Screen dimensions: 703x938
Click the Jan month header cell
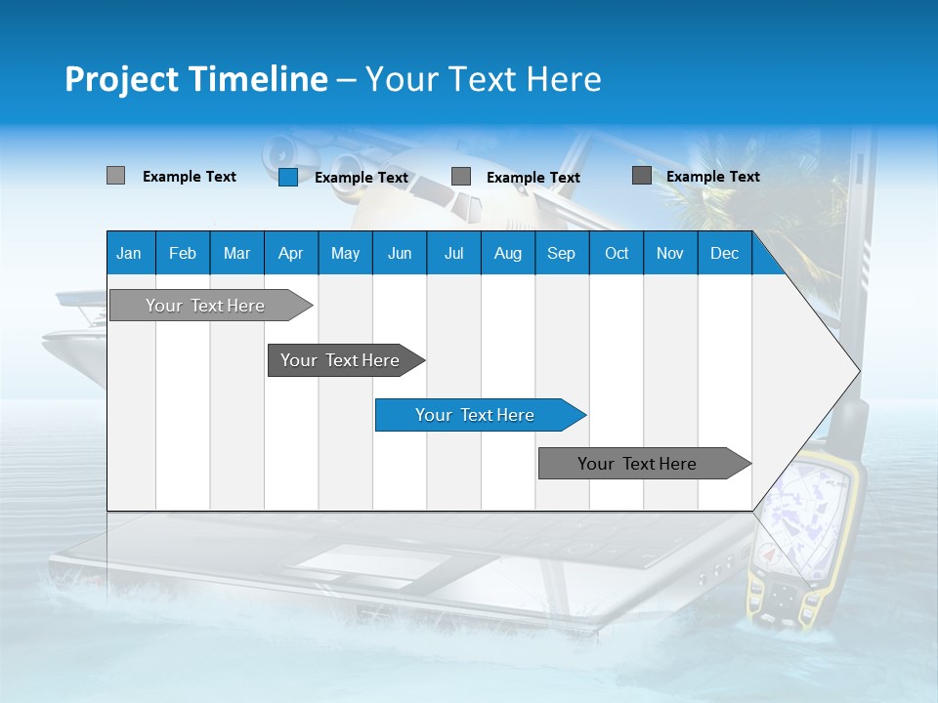coord(130,253)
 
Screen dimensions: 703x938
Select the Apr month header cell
coord(291,253)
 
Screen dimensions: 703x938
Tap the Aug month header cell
coord(508,253)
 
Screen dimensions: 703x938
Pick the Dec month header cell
coord(725,253)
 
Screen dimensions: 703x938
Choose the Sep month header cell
coord(562,253)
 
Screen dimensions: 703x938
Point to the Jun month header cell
coord(400,253)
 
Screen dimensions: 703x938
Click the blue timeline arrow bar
coord(479,415)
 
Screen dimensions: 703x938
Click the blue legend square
coord(288,177)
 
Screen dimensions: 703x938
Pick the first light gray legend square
coord(116,176)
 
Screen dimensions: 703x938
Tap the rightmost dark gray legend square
coord(642,176)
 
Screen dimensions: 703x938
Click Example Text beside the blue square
coord(362,178)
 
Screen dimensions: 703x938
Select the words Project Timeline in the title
coord(196,79)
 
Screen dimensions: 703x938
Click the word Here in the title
coord(564,79)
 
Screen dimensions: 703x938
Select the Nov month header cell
coord(670,253)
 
